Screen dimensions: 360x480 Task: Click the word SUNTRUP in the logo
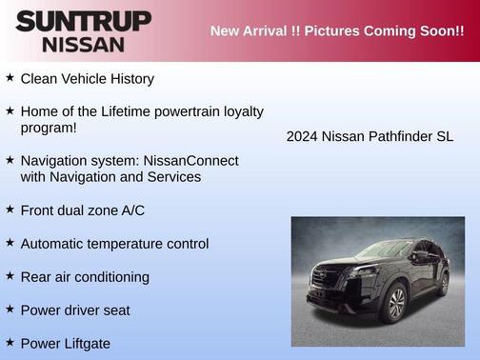click(x=83, y=21)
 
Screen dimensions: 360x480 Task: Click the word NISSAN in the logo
click(x=83, y=44)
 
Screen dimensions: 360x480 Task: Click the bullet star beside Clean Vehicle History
click(x=10, y=78)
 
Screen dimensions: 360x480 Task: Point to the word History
click(x=129, y=79)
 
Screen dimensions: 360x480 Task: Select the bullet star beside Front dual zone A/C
click(x=10, y=210)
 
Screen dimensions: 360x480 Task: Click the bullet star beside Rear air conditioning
click(x=10, y=276)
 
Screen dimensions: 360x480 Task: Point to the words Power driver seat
click(x=75, y=310)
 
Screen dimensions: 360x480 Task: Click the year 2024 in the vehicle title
click(x=302, y=136)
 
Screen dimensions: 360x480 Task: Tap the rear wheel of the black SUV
click(x=443, y=283)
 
